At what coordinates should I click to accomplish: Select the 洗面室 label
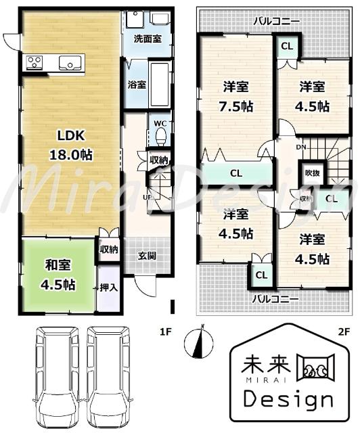(147, 39)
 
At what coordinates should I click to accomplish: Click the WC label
(160, 123)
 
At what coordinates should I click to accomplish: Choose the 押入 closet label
(109, 286)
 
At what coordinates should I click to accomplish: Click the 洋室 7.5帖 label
(237, 97)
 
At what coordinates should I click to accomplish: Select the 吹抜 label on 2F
(311, 173)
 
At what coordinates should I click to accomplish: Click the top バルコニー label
(277, 22)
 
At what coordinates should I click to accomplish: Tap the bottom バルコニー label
(277, 298)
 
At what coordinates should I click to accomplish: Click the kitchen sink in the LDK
(70, 64)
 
